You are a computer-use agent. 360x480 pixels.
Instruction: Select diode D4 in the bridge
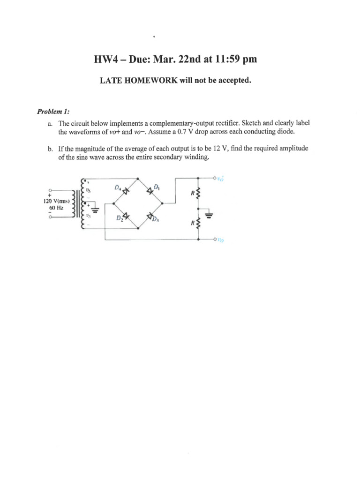pyautogui.click(x=126, y=191)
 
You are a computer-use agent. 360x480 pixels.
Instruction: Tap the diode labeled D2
pyautogui.click(x=125, y=216)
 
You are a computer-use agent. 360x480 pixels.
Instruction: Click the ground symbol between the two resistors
pyautogui.click(x=209, y=215)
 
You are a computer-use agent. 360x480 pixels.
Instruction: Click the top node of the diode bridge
pyautogui.click(x=138, y=178)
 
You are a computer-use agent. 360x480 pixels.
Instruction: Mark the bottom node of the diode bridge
pyautogui.click(x=138, y=229)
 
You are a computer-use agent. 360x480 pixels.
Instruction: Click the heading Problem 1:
pyautogui.click(x=53, y=111)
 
